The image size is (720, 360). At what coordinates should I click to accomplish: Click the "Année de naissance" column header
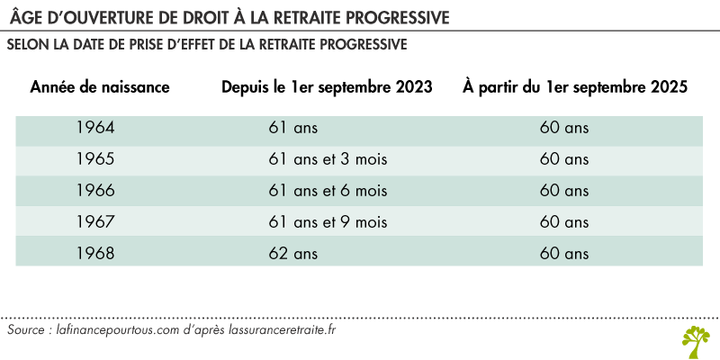pos(100,87)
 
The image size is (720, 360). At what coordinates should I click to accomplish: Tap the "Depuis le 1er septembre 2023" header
pos(328,87)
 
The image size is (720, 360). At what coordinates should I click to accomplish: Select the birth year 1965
pos(97,159)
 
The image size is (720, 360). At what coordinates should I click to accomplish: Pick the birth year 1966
pos(97,190)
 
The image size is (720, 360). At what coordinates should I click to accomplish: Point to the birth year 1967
pos(97,220)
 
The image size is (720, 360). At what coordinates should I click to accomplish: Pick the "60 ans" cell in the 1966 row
pos(564,190)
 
